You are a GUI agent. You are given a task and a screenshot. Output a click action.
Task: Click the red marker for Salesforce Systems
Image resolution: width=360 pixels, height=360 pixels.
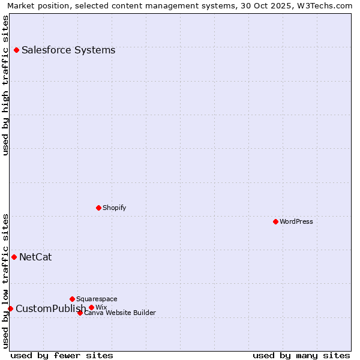pyautogui.click(x=16, y=50)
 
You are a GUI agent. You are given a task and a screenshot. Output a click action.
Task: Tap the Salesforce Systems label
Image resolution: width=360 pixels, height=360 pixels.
pyautogui.click(x=68, y=50)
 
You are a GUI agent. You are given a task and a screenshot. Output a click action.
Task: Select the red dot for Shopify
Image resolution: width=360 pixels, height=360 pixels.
pyautogui.click(x=98, y=208)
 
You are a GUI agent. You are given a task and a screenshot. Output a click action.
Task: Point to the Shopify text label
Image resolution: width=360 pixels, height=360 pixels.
pyautogui.click(x=114, y=208)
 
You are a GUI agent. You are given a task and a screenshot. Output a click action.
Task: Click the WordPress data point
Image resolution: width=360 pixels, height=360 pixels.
pyautogui.click(x=275, y=221)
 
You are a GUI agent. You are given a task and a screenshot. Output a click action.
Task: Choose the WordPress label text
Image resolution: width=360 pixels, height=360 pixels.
pyautogui.click(x=296, y=221)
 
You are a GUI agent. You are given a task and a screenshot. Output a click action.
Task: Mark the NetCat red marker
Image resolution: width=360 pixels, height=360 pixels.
pyautogui.click(x=14, y=257)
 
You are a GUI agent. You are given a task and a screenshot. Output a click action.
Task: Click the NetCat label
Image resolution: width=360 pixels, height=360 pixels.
pyautogui.click(x=35, y=257)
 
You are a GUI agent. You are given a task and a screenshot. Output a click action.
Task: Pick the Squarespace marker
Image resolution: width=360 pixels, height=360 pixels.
pyautogui.click(x=72, y=299)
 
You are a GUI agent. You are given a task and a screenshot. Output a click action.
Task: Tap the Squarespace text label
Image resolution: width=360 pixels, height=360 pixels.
pyautogui.click(x=97, y=299)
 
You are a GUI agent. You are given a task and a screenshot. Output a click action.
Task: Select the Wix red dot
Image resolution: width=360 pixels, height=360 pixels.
pyautogui.click(x=91, y=307)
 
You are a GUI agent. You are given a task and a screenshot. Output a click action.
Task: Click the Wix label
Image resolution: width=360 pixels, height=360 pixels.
pyautogui.click(x=101, y=307)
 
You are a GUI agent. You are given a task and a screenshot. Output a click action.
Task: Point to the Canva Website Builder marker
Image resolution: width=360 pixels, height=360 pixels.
pyautogui.click(x=80, y=313)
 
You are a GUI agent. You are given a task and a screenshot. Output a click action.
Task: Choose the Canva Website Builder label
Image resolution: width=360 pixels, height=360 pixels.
pyautogui.click(x=120, y=313)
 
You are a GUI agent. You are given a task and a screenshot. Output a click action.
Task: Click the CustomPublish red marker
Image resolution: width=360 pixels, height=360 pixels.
pyautogui.click(x=10, y=308)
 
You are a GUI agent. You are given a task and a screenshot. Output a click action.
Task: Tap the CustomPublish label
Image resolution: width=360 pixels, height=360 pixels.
pyautogui.click(x=50, y=309)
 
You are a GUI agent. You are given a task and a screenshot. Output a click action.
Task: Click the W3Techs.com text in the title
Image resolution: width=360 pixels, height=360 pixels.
pyautogui.click(x=326, y=5)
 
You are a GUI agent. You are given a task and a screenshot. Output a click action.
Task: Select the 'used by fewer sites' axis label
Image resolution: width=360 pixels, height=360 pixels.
pyautogui.click(x=62, y=356)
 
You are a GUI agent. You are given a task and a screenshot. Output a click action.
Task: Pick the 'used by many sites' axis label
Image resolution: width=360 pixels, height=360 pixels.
pyautogui.click(x=301, y=356)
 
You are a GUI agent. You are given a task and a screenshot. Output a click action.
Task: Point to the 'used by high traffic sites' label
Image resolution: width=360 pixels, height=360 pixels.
pyautogui.click(x=6, y=85)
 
